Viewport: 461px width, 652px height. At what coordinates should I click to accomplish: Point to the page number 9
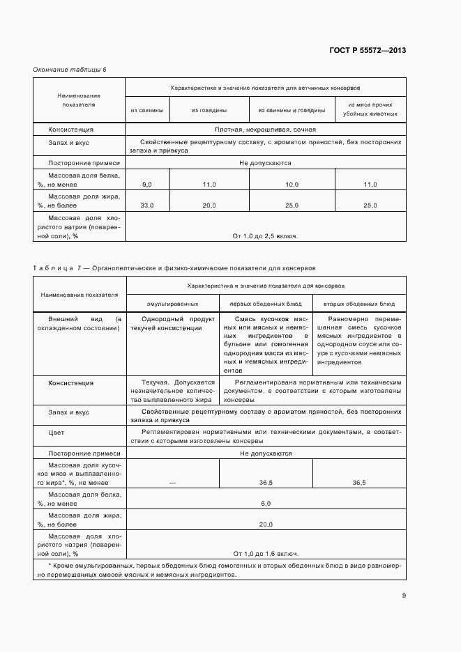click(404, 595)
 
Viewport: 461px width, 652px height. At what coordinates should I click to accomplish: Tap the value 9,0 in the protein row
click(146, 184)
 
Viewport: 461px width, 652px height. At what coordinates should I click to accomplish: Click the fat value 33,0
click(146, 205)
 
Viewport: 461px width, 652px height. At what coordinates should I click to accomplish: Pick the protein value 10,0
click(292, 184)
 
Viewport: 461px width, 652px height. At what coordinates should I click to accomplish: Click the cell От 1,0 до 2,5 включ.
click(265, 236)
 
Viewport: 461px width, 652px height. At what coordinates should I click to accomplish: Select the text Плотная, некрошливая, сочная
click(265, 130)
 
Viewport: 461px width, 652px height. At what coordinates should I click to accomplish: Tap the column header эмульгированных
click(172, 304)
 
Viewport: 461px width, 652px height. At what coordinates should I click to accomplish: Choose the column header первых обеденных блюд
click(265, 304)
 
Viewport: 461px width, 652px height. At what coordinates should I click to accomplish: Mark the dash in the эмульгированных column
click(172, 482)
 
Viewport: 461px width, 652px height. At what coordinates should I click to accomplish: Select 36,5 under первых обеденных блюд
click(265, 482)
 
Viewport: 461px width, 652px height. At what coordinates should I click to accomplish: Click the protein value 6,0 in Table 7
click(265, 503)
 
